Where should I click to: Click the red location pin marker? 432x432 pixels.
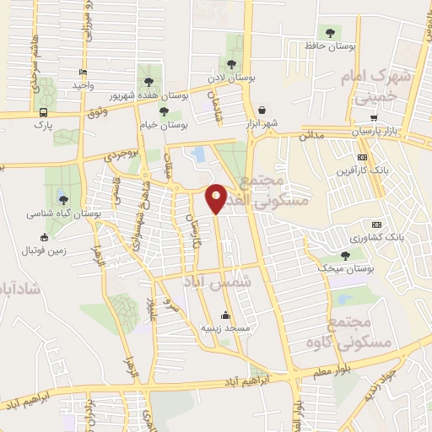coord(217,197)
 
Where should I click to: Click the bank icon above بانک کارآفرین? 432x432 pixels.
coord(362,157)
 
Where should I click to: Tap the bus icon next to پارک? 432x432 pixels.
coord(43,111)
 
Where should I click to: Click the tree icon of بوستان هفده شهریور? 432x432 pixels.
coord(149,82)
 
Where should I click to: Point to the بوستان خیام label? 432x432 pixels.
coord(164,126)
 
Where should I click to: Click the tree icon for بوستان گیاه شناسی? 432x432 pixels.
coord(62,199)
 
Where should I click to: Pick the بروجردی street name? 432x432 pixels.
coord(119,155)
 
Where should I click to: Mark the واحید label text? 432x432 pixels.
coord(82,86)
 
